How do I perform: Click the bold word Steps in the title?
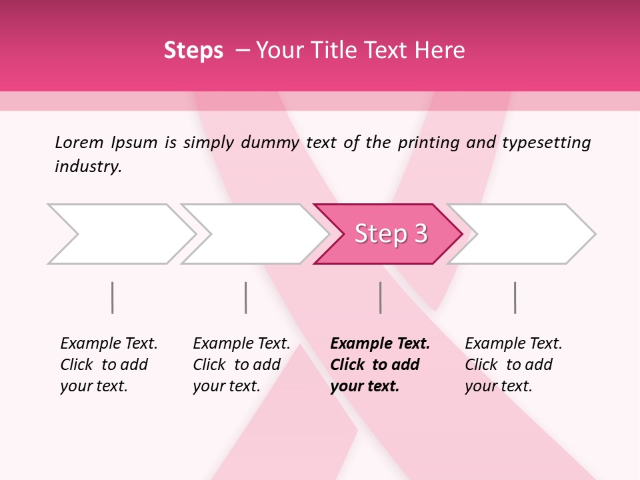(193, 50)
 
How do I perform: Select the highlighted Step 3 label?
(391, 234)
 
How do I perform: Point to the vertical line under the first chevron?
(113, 297)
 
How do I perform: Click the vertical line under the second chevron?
(246, 297)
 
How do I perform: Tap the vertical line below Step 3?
(380, 297)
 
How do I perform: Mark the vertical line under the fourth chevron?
(515, 297)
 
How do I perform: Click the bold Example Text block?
(380, 365)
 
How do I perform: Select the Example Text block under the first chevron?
(109, 365)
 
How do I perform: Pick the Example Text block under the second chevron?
(241, 365)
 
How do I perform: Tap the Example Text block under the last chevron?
(513, 365)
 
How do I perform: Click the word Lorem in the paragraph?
(79, 142)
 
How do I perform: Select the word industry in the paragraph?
(87, 166)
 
